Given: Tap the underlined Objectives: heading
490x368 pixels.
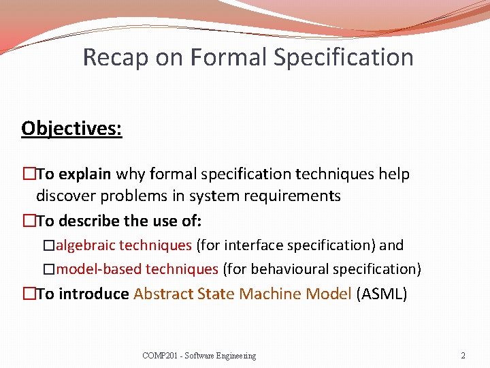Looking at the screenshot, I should click(71, 128).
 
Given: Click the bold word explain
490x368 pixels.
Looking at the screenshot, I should click(85, 174).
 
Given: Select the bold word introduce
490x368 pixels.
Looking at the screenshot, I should click(94, 294).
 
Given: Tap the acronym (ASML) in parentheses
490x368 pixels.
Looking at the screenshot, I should click(381, 294).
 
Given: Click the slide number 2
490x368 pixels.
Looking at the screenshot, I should click(463, 356).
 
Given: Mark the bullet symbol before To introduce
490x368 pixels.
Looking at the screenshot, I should click(28, 294).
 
